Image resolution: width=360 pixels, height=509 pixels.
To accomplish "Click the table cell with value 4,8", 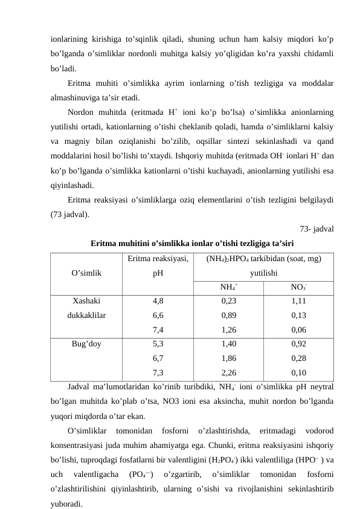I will coord(158,300).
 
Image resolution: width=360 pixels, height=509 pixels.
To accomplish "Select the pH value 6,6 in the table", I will coord(158,314).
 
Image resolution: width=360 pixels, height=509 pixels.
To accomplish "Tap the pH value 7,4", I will coord(158,329).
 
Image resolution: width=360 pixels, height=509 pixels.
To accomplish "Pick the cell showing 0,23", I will coord(228,300).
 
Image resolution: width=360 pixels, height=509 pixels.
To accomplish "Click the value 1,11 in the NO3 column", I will coord(298,300).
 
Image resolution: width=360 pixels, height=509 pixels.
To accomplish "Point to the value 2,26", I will coord(228,373).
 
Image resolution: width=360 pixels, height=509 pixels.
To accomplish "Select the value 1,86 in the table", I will coord(228,358).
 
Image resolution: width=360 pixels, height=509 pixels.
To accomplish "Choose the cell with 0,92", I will coord(298,344).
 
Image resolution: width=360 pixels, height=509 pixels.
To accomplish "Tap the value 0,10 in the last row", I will coord(298,373).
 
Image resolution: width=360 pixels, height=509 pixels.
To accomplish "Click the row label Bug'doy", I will coord(86,344).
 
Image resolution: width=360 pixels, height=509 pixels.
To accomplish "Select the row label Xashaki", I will coord(86,300).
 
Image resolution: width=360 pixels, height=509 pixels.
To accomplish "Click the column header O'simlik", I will coord(86,272).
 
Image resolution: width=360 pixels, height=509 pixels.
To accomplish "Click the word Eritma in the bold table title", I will coord(104,243).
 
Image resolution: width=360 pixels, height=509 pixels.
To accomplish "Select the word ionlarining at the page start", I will coord(72,39).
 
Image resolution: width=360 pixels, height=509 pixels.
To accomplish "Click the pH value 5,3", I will coord(158,344).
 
